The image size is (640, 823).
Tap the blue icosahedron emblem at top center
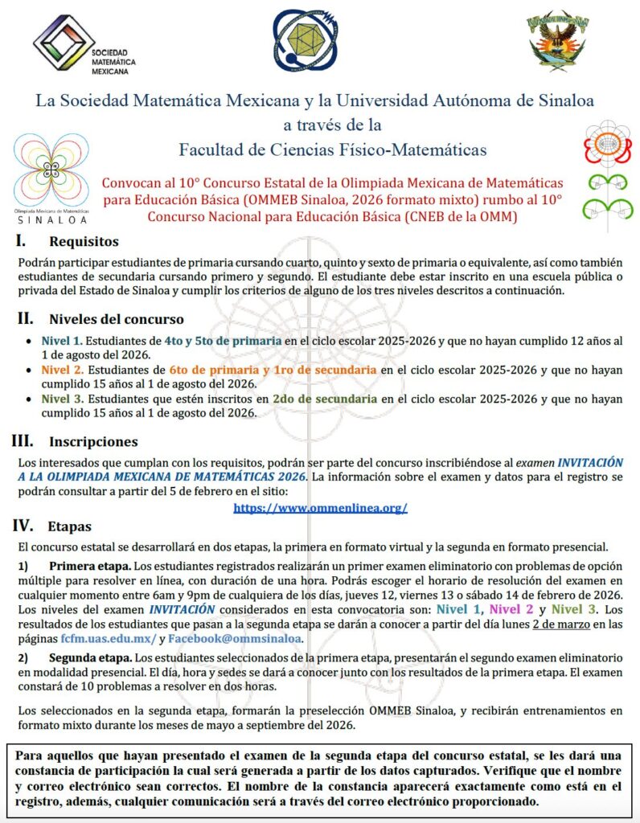point(305,39)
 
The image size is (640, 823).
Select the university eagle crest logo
point(556,40)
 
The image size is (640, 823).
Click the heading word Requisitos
point(84,241)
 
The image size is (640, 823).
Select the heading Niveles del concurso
point(116,319)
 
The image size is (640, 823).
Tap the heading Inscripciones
point(93,441)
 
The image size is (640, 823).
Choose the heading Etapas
point(70,527)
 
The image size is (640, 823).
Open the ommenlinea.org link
point(320,508)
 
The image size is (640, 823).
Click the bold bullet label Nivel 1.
point(62,340)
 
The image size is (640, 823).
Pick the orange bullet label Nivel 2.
point(62,370)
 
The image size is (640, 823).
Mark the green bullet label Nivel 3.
point(62,399)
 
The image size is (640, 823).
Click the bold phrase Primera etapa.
point(87,565)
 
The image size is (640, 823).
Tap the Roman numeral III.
point(22,440)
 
